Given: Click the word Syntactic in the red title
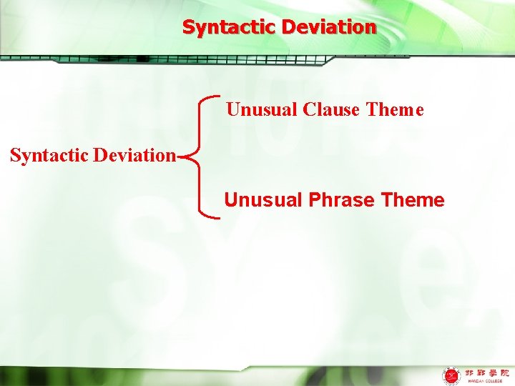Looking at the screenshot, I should [x=230, y=28].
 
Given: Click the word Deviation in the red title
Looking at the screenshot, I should [x=329, y=28].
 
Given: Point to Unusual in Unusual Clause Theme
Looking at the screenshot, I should [x=263, y=110].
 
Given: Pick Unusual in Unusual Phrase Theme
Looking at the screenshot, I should [x=263, y=200].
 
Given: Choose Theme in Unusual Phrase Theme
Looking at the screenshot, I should [x=413, y=200].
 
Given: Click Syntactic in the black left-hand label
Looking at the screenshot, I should [x=48, y=155].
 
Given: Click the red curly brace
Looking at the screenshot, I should [x=201, y=154].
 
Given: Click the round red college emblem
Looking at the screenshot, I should [x=451, y=375].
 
